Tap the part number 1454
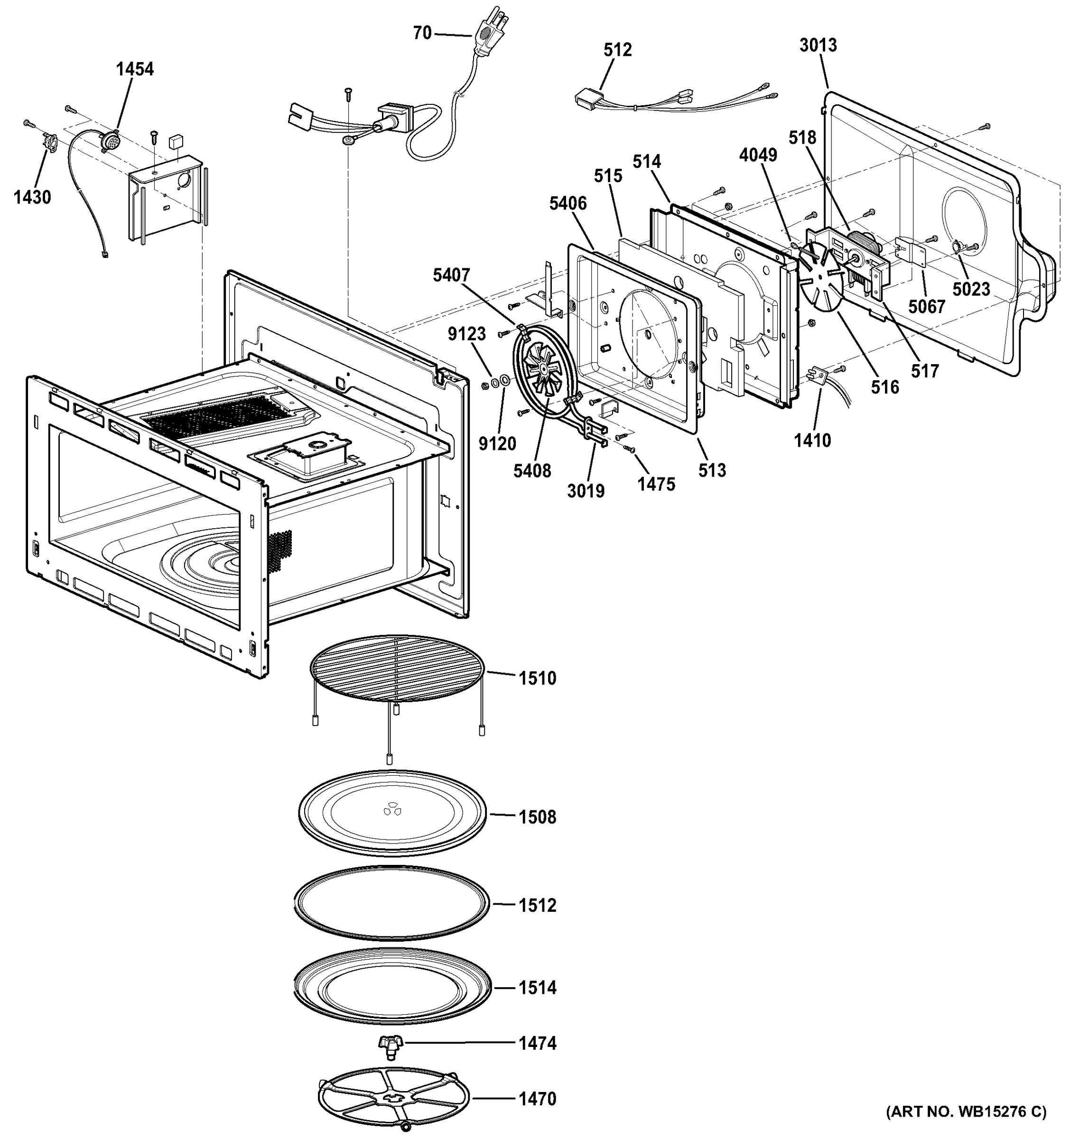point(135,69)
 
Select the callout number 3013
point(818,45)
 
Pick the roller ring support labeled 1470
point(393,1099)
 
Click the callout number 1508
point(537,817)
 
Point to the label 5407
point(451,275)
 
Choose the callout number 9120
point(497,443)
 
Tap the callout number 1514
point(537,987)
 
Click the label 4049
point(758,155)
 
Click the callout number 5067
point(926,307)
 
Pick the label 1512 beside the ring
point(537,905)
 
